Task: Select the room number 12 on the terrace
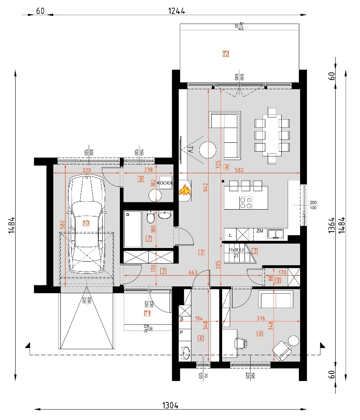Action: tap(226, 54)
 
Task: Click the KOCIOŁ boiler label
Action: tap(165, 183)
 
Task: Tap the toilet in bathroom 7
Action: tap(151, 218)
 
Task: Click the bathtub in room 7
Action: tap(132, 230)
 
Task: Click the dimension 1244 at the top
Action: tap(176, 11)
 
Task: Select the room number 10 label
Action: tap(86, 223)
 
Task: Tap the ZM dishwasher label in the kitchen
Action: tap(260, 231)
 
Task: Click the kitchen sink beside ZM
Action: tap(275, 234)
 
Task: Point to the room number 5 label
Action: tap(260, 333)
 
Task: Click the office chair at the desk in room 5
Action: tap(241, 342)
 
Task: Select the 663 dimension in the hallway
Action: tap(193, 272)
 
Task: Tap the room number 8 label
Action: tap(278, 281)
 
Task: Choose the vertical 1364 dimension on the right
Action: tap(332, 226)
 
